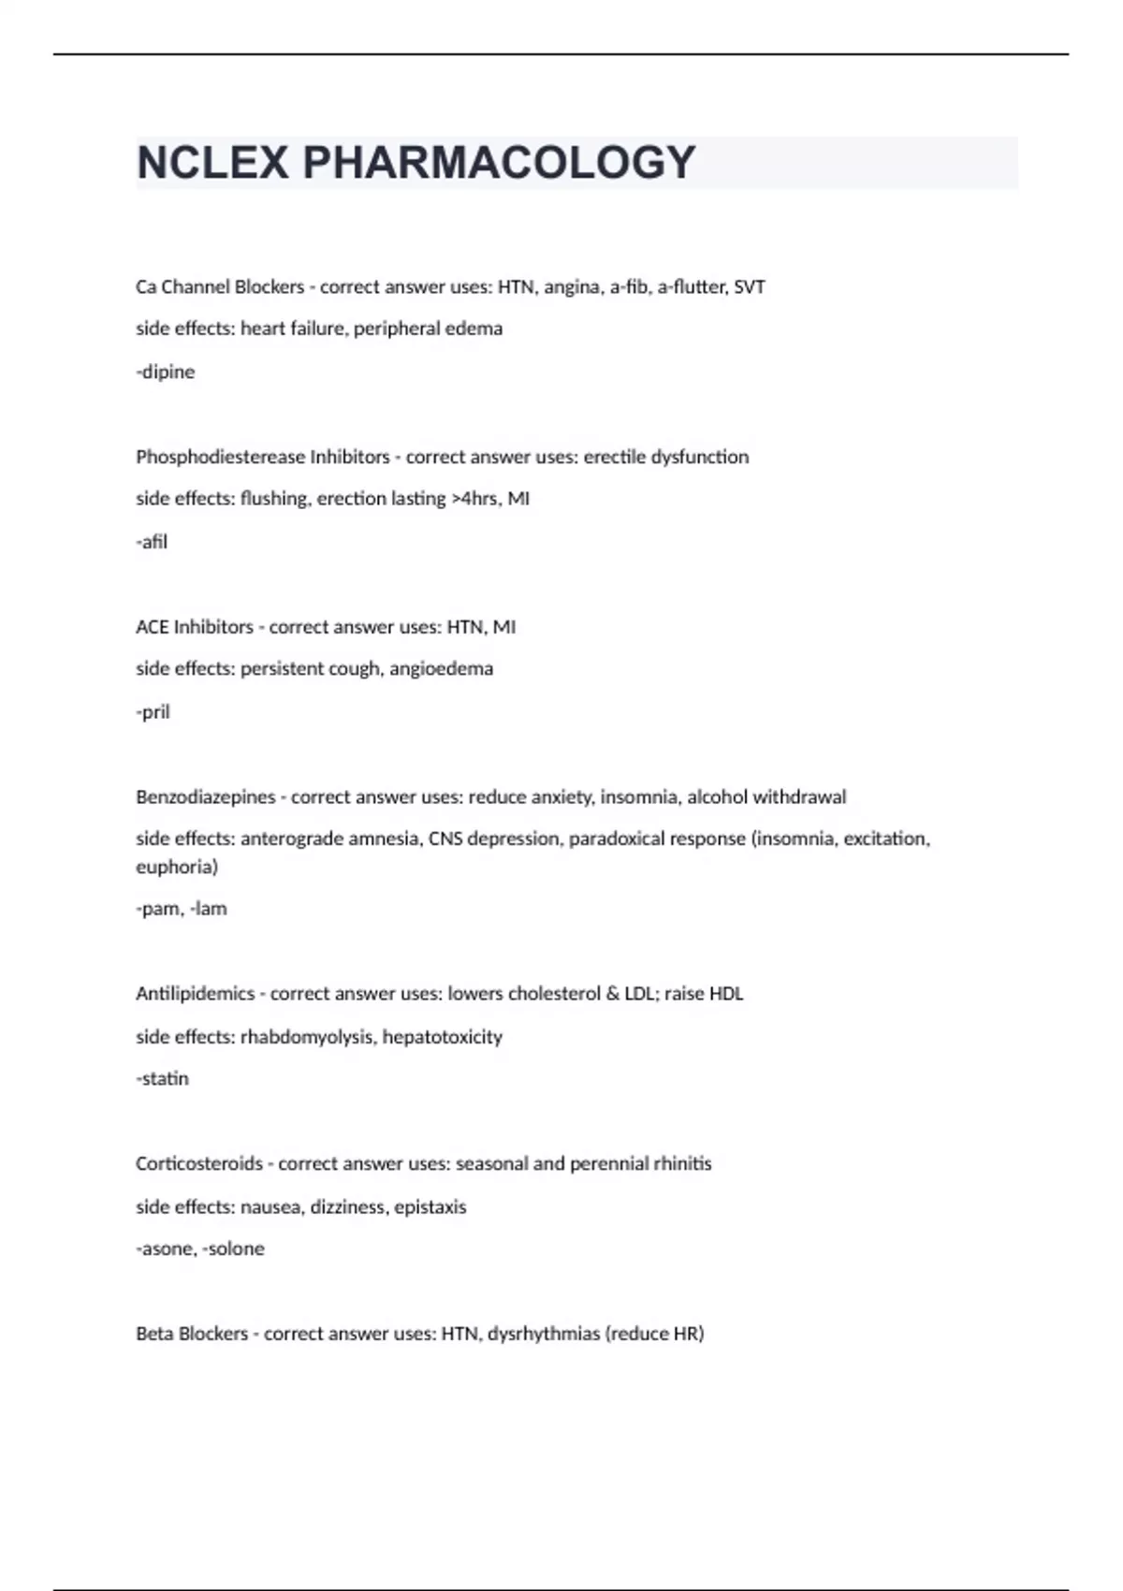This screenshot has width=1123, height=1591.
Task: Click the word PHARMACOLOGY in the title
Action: pyautogui.click(x=499, y=163)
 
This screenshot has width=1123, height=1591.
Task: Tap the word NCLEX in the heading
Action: pyautogui.click(x=213, y=163)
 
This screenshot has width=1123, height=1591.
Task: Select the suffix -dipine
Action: pyautogui.click(x=166, y=372)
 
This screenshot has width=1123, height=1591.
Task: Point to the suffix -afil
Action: pyautogui.click(x=152, y=542)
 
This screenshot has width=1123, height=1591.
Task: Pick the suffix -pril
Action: pyautogui.click(x=153, y=712)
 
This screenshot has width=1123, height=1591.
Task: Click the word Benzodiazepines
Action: pyautogui.click(x=206, y=797)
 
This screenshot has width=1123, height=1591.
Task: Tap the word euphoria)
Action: pyautogui.click(x=177, y=867)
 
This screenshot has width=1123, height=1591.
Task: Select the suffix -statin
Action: pyautogui.click(x=163, y=1079)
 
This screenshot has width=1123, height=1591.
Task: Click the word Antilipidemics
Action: pyautogui.click(x=196, y=994)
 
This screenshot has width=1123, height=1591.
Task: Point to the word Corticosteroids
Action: pyautogui.click(x=199, y=1164)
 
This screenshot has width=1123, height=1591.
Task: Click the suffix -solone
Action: pyautogui.click(x=233, y=1249)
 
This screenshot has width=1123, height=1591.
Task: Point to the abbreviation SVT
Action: pyautogui.click(x=750, y=287)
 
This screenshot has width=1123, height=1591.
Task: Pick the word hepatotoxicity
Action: pyautogui.click(x=443, y=1037)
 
